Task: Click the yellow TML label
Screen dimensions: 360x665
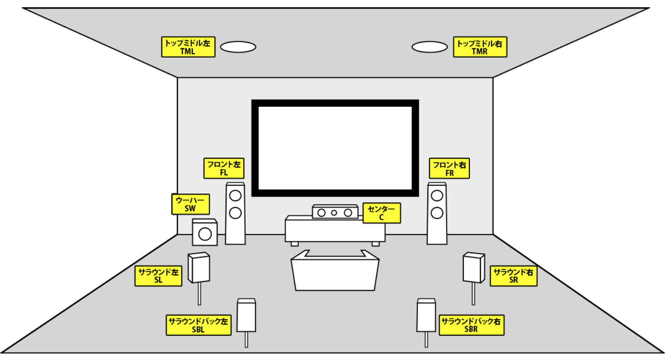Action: pos(188,47)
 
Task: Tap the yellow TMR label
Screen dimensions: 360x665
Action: pos(480,47)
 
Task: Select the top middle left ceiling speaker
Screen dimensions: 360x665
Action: pos(238,47)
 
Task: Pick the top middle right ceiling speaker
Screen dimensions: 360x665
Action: pos(430,47)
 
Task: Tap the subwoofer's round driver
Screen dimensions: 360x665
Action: pos(205,234)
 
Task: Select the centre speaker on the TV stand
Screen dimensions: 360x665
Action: pos(335,212)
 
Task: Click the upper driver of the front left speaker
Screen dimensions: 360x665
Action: pos(235,196)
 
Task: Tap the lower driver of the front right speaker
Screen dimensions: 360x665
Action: pos(437,212)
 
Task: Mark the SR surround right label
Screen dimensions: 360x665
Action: pos(513,276)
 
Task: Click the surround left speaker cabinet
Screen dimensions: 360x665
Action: pos(199,267)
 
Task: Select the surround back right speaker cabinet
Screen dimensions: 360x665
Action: pos(426,315)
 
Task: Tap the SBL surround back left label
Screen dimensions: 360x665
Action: pos(199,325)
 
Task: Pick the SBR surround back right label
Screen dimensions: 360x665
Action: pos(471,325)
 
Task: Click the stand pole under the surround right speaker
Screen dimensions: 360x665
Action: pos(473,293)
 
